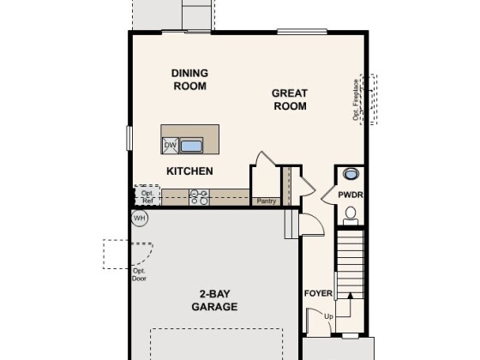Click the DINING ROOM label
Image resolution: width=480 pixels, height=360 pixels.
189,80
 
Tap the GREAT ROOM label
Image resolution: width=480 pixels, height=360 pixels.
290,99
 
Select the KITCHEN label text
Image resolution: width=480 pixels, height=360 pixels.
189,171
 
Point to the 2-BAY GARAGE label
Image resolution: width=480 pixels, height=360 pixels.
214,300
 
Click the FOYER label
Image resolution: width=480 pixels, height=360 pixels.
318,293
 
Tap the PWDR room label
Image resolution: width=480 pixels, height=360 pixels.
351,195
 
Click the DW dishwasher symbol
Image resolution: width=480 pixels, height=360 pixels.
171,146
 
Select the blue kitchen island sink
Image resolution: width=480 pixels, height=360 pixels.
191,146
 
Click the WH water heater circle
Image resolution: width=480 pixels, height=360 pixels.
140,219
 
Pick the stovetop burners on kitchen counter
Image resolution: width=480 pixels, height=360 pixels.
199,197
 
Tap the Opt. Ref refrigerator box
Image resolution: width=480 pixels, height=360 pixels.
147,195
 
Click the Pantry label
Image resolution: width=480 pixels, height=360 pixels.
266,201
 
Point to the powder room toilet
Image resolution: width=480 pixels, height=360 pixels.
351,215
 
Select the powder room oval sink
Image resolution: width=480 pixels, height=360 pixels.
351,174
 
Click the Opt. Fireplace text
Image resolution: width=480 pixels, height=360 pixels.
356,99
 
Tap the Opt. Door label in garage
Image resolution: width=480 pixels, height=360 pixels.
139,274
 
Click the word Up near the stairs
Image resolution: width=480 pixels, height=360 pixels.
328,316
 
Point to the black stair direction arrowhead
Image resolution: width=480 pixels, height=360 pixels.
351,296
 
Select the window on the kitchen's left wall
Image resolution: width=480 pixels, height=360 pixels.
129,138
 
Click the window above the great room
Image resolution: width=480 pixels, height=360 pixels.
302,31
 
